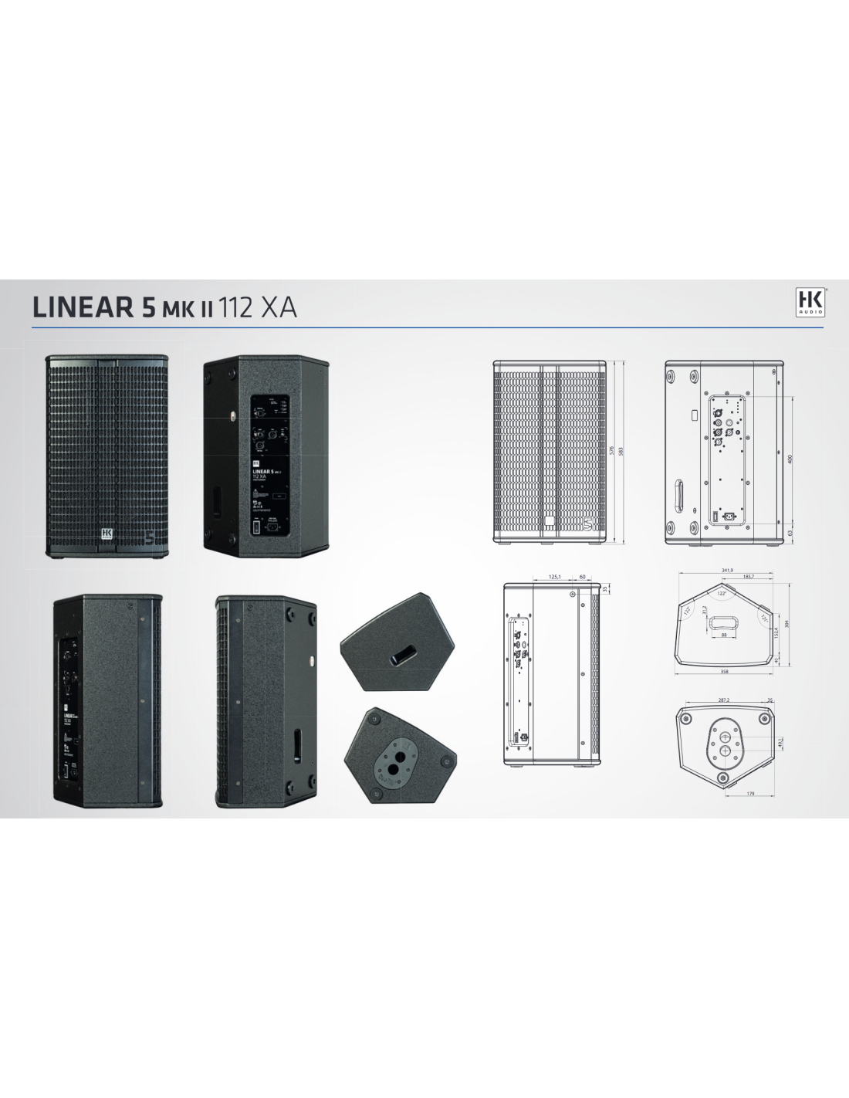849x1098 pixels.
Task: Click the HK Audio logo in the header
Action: (810, 302)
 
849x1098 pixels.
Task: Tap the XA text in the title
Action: (279, 307)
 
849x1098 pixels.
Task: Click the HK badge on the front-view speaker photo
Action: (107, 534)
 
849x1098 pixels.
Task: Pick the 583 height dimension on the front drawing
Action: (621, 450)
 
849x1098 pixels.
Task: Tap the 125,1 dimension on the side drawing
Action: (554, 576)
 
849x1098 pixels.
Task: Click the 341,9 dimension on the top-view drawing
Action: (726, 571)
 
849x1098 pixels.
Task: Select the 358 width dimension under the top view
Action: (724, 672)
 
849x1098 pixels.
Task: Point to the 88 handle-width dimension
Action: (724, 635)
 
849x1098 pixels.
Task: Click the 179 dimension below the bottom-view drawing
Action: (749, 793)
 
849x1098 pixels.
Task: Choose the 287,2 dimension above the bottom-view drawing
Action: (723, 700)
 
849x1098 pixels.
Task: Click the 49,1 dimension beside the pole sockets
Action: (780, 742)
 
